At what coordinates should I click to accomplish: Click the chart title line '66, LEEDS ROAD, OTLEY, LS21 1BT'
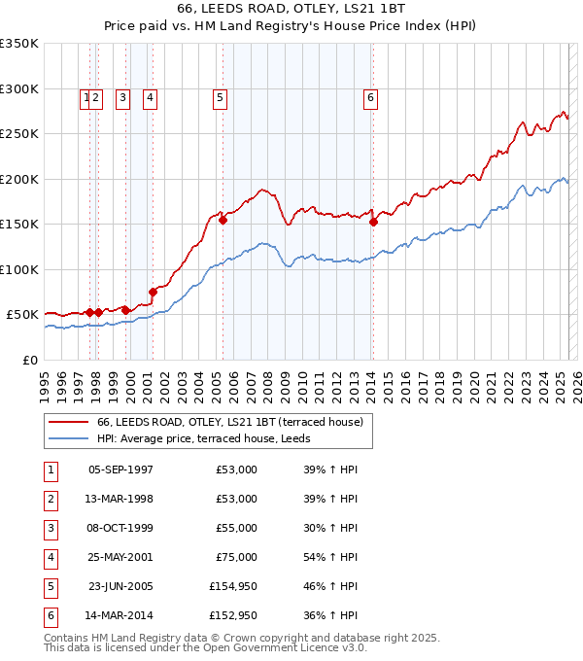click(291, 8)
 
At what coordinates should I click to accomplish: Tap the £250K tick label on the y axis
click(19, 134)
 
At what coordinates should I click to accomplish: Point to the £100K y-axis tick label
click(19, 269)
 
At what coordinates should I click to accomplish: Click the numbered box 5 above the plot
click(221, 97)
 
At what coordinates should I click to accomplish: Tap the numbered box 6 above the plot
click(371, 97)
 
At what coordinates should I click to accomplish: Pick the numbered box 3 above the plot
click(122, 97)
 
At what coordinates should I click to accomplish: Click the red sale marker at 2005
click(223, 220)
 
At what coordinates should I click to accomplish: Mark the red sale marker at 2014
click(374, 222)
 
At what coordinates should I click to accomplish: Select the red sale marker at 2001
click(153, 292)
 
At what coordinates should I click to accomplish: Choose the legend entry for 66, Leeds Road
click(229, 422)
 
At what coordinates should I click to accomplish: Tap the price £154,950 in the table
click(233, 585)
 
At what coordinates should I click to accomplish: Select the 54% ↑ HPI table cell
click(329, 556)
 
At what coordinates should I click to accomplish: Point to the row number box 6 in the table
click(49, 614)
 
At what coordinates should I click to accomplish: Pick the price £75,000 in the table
click(237, 556)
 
